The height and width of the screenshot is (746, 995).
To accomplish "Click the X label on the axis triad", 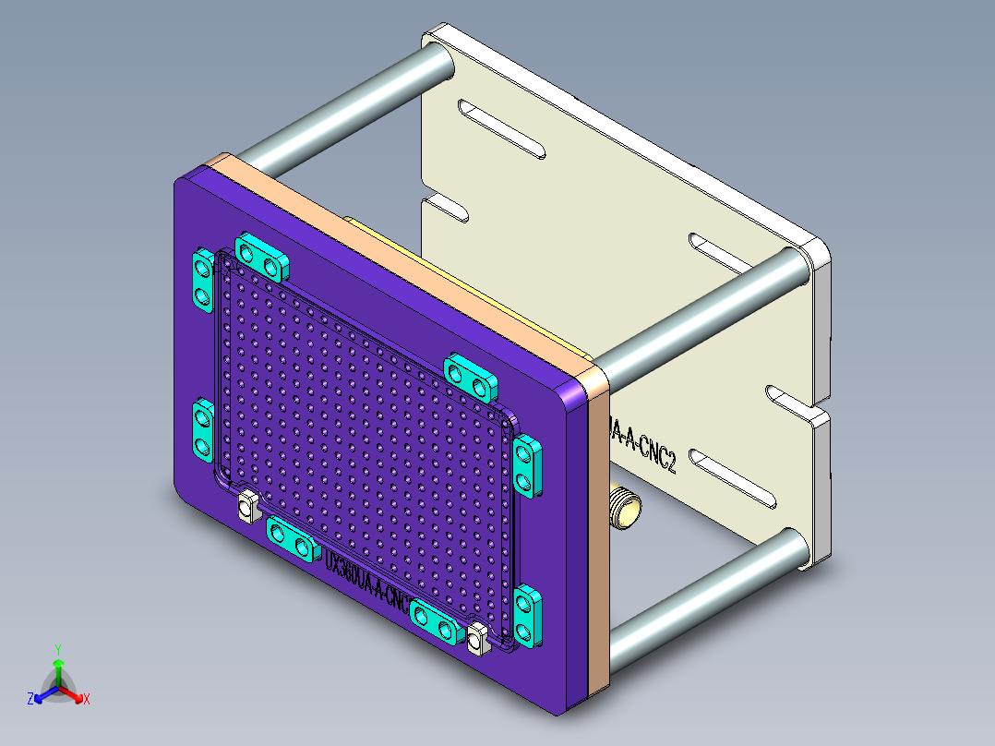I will pos(87,700).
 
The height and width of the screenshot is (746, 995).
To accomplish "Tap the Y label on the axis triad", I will pos(57,649).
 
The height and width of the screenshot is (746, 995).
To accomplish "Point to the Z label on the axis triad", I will pos(30,700).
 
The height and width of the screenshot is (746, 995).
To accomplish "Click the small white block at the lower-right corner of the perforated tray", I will pos(477,639).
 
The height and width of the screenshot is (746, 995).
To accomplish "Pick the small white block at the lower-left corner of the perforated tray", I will pos(246,506).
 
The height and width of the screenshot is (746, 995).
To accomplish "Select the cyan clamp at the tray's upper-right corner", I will pos(471,373).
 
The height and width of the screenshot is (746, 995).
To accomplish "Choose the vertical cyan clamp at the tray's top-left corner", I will pos(201,280).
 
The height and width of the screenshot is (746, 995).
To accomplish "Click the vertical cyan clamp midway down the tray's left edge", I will pos(202,429).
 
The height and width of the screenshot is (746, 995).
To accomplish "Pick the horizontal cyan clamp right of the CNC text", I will pos(437,621).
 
